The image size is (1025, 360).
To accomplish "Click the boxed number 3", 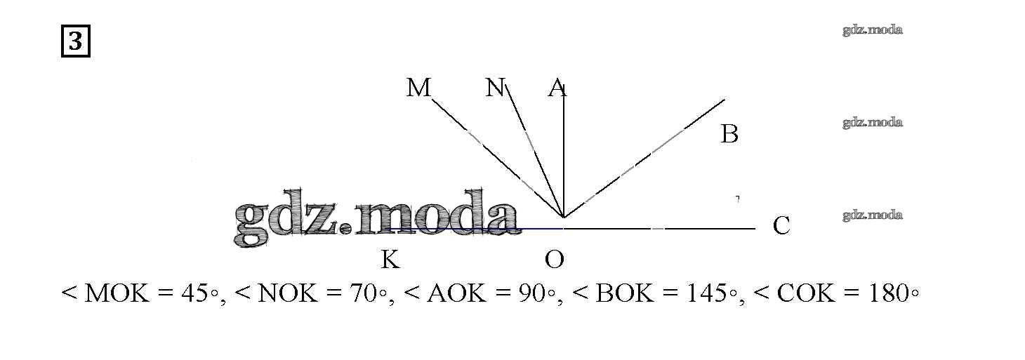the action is point(76,41).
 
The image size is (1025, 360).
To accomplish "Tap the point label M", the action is point(418,88).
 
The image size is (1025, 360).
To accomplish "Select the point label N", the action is point(494,88).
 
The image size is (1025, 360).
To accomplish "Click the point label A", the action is point(557,88).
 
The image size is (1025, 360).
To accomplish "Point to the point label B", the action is point(730,134).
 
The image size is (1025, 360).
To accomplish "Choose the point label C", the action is point(781,225).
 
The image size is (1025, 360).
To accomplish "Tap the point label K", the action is point(390,260).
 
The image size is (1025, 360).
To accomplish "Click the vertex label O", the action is point(554,260).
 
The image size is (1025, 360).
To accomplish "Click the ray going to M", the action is point(498,159).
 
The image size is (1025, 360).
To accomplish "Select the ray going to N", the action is point(535,152).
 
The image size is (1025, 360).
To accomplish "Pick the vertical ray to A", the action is point(564,152).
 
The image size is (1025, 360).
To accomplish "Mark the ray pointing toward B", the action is point(644,159).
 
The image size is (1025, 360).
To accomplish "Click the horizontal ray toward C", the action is point(659,228).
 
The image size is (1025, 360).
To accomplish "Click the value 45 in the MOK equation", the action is point(195,293).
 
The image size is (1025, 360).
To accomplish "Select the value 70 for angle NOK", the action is point(364,293).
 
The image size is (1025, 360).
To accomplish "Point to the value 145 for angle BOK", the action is point(707,293).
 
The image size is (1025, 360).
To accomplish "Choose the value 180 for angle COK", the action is point(888,293).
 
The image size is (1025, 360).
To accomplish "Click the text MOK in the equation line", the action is point(117,293).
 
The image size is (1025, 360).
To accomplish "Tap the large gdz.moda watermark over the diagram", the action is point(376,218).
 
